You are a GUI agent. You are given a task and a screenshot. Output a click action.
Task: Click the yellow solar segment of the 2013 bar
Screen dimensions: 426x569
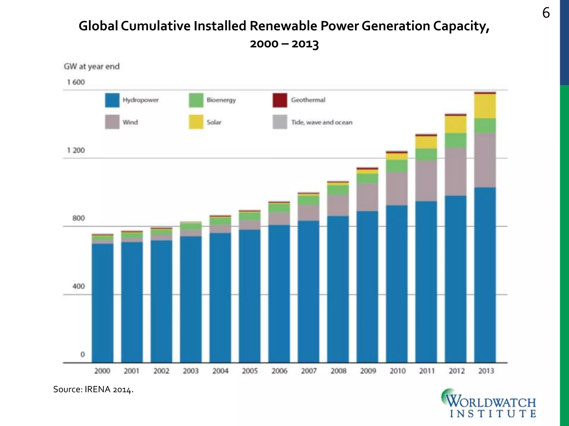(x=485, y=106)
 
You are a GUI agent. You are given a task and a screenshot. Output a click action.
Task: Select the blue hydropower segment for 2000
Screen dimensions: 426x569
(x=103, y=302)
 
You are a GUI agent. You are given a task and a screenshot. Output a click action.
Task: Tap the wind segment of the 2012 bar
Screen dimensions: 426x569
(x=455, y=171)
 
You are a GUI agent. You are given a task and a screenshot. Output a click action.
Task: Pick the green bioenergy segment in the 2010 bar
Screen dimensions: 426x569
(x=397, y=166)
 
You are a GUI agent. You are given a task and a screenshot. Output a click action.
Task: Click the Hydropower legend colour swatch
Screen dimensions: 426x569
(x=112, y=100)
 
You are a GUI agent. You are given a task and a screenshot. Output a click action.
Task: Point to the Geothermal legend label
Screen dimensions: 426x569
(x=308, y=100)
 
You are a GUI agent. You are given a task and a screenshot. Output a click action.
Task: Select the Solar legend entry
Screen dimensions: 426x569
(x=214, y=122)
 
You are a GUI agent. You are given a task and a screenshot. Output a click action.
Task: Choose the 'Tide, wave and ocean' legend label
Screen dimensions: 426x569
(x=321, y=122)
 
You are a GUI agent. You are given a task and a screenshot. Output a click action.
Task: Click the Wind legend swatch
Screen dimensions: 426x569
(x=112, y=122)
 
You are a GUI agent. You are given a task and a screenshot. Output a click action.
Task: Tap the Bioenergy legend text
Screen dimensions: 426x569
(x=221, y=100)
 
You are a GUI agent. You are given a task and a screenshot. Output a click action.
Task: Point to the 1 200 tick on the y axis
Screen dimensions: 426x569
(x=76, y=150)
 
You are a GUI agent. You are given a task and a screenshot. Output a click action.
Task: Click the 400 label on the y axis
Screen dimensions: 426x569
(x=78, y=286)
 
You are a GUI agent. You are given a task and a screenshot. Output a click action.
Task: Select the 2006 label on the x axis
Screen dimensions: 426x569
(x=279, y=371)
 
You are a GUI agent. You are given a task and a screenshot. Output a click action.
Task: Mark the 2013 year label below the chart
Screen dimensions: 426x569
(x=486, y=371)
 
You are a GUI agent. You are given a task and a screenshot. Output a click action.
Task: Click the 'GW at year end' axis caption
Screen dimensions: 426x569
(x=92, y=67)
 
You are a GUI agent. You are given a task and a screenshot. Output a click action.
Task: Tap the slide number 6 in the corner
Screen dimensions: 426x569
(x=546, y=13)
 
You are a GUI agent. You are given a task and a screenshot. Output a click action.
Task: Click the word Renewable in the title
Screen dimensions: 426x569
(x=283, y=26)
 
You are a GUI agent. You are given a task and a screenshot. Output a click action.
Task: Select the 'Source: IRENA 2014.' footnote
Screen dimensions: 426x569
(x=93, y=389)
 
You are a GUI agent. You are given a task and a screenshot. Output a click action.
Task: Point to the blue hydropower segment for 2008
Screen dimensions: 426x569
(x=338, y=288)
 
